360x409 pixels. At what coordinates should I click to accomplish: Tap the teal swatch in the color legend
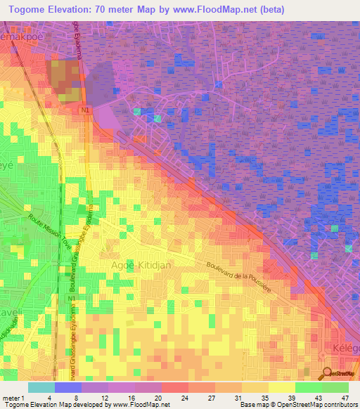41,387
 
